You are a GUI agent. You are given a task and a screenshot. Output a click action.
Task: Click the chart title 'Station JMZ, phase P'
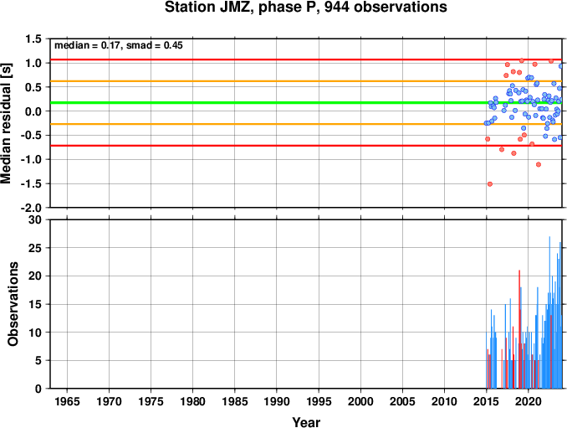242,8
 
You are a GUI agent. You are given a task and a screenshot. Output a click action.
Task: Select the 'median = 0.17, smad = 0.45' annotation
119,45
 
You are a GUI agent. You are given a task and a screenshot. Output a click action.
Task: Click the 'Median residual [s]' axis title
6,123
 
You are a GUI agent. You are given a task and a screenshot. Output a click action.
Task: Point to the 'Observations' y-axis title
13,304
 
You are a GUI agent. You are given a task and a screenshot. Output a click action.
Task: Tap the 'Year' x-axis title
306,422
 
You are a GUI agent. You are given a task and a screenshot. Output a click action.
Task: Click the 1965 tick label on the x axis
67,401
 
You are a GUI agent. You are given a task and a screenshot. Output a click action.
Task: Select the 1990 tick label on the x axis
277,401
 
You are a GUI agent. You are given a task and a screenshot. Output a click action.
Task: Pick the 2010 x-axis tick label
444,401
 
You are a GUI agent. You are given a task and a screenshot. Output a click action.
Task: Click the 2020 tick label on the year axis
529,401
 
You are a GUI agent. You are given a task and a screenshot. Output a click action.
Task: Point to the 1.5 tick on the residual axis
33,39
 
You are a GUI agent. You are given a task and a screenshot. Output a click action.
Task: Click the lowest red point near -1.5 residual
490,184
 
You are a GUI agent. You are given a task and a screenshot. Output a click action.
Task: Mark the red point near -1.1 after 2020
539,164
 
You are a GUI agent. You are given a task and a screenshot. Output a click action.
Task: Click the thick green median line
306,103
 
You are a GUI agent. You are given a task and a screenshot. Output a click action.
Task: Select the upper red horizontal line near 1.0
306,59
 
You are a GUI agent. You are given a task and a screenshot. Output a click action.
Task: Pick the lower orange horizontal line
306,124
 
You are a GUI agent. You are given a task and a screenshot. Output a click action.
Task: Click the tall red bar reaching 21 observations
519,329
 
